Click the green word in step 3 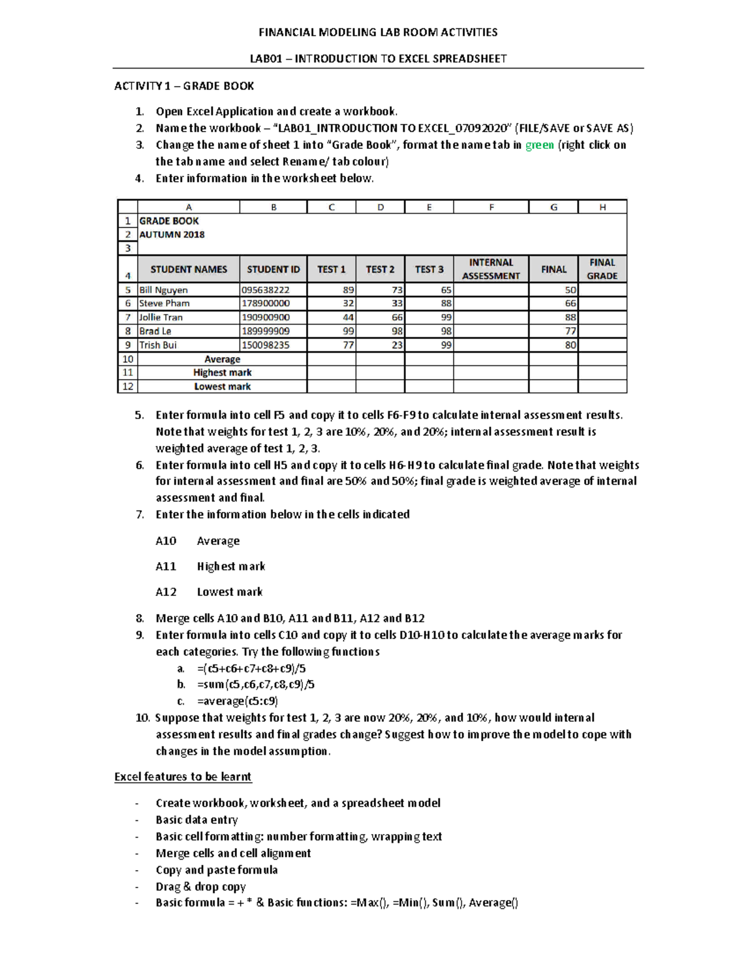point(539,145)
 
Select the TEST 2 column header point(380,269)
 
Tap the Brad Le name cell point(155,331)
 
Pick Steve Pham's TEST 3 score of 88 point(446,304)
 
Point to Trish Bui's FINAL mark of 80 point(570,345)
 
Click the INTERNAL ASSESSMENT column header point(491,269)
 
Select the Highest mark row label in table point(223,373)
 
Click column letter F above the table point(491,208)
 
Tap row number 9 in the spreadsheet point(128,345)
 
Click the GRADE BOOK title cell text point(169,221)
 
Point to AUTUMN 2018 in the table point(172,235)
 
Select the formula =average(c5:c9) point(237,701)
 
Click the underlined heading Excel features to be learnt point(183,777)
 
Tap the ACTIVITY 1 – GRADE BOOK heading point(184,86)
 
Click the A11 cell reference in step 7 point(166,567)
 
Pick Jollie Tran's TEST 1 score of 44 point(348,317)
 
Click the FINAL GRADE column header point(602,269)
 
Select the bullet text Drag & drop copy point(201,886)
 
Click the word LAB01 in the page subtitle point(266,59)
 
